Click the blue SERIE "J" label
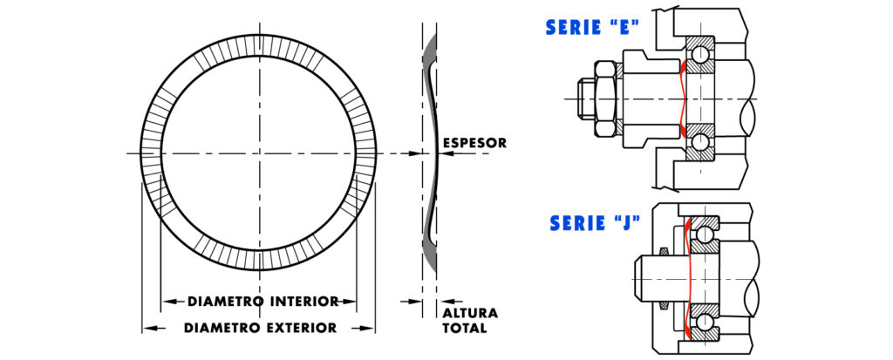[x=596, y=223]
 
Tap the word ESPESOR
[x=474, y=143]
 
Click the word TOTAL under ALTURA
[x=464, y=329]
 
